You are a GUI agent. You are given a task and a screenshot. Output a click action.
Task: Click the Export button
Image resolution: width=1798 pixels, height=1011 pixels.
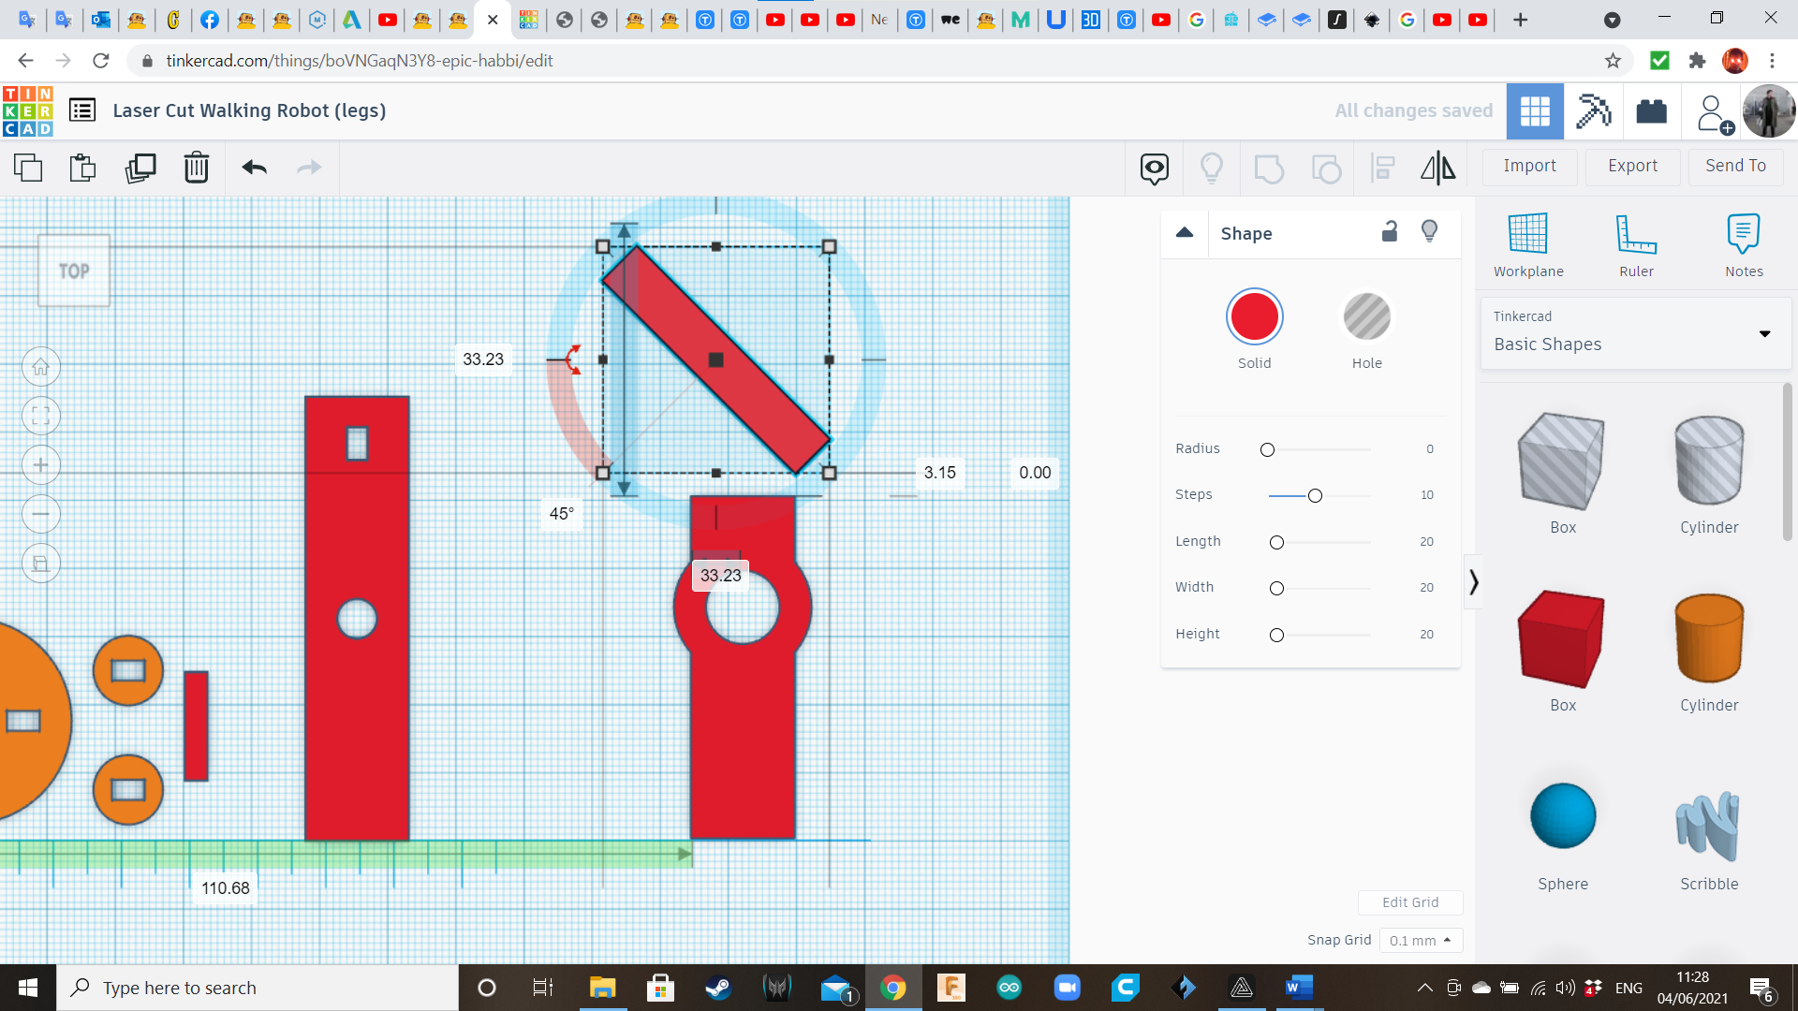[1632, 166]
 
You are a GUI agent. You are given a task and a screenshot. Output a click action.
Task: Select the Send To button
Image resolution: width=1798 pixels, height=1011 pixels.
[1735, 166]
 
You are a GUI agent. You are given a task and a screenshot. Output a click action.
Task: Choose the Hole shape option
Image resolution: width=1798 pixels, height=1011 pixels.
[1366, 316]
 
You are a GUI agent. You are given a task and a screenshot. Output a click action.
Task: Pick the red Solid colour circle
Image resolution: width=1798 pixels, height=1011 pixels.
[1254, 316]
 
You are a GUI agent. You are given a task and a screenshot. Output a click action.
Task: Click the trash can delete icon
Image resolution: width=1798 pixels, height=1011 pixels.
[197, 168]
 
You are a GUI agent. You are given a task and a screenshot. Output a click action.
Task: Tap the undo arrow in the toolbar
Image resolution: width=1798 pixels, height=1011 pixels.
[255, 168]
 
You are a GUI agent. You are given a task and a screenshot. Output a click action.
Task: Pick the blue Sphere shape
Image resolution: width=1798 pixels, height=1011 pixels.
[1563, 815]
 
